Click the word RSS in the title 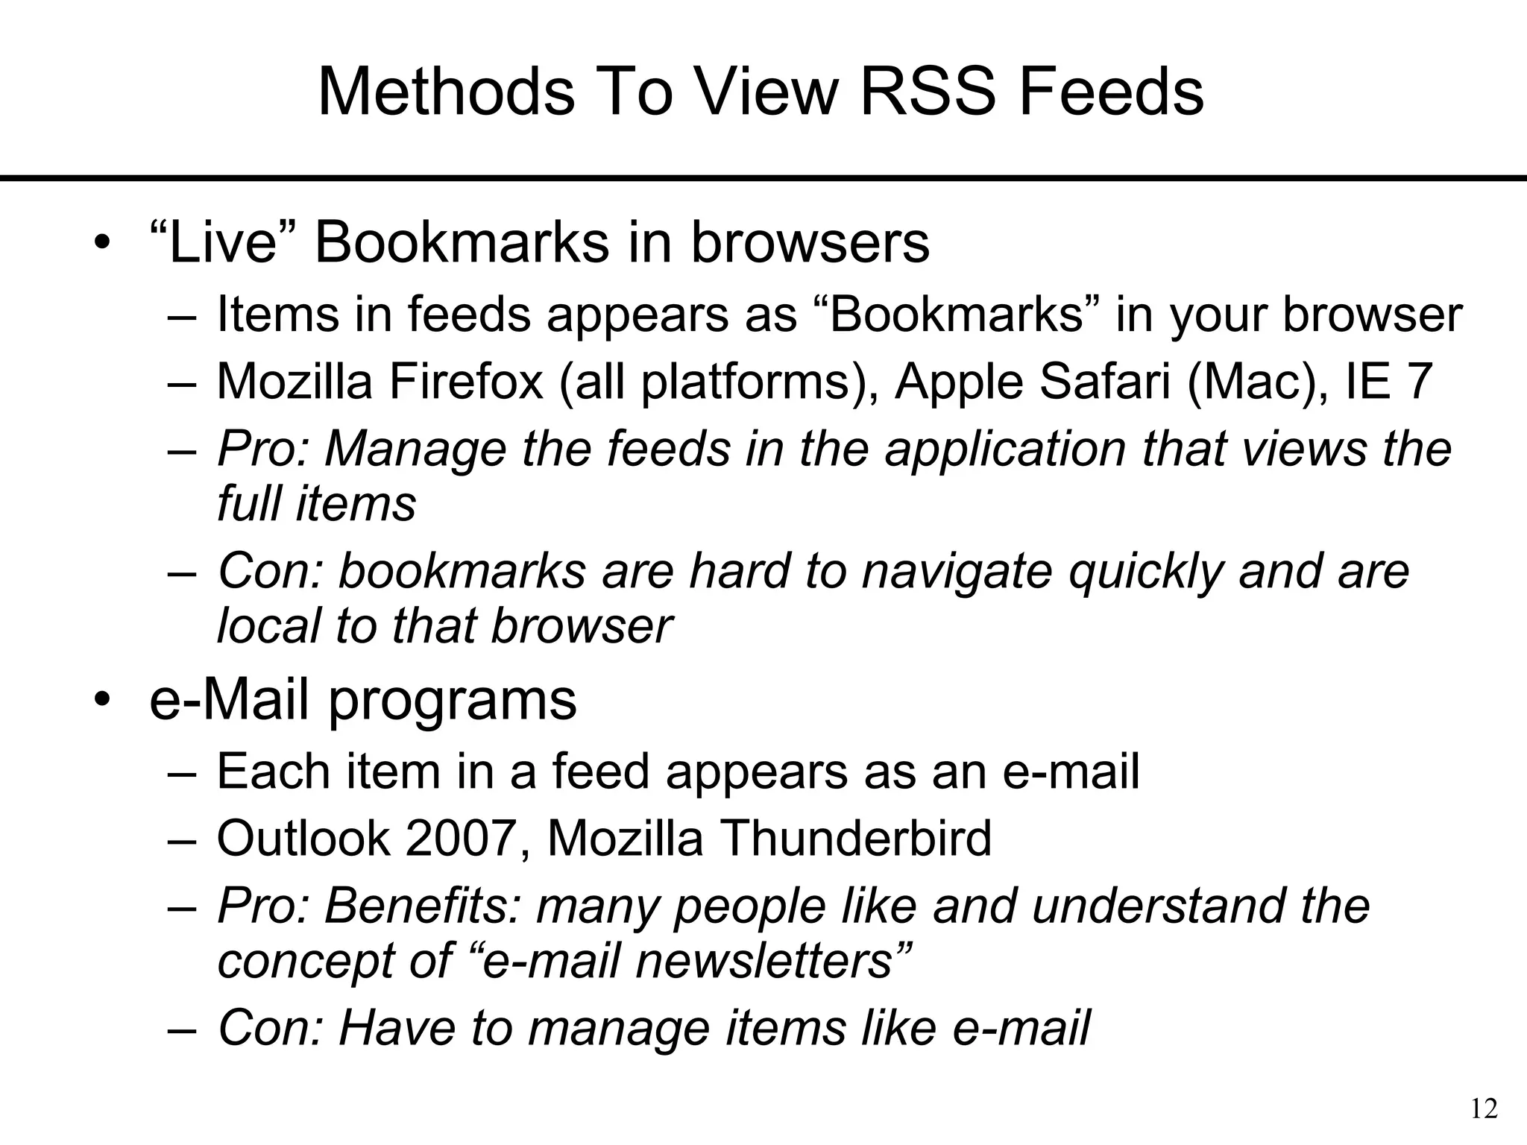[929, 92]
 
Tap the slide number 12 [1484, 1109]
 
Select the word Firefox [465, 382]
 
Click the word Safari [1104, 382]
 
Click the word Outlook [303, 838]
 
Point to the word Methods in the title [447, 92]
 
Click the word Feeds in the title [1111, 92]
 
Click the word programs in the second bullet [453, 701]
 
